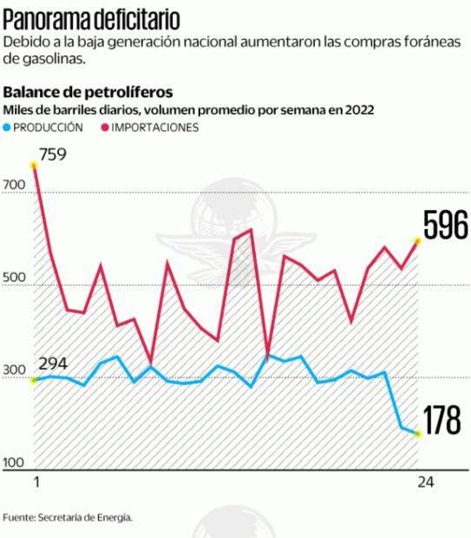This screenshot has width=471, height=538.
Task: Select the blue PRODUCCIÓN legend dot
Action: pyautogui.click(x=9, y=128)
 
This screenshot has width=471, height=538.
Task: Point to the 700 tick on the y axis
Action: pyautogui.click(x=14, y=186)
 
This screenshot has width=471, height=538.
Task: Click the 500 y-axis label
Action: pyautogui.click(x=14, y=279)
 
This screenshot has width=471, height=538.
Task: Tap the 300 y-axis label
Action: pyautogui.click(x=14, y=371)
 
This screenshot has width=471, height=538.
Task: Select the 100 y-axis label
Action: pyautogui.click(x=14, y=463)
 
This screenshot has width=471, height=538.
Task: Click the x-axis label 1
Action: pyautogui.click(x=36, y=482)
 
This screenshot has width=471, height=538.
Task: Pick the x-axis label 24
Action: pyautogui.click(x=425, y=482)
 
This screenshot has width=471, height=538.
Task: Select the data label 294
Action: pyautogui.click(x=52, y=364)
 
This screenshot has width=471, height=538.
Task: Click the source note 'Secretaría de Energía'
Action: pyautogui.click(x=85, y=517)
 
